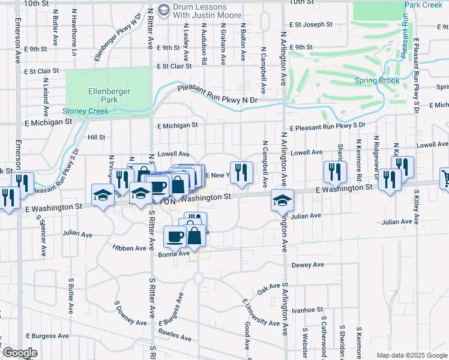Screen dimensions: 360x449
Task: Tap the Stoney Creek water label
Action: [x=86, y=111]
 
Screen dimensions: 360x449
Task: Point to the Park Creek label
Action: [x=423, y=5]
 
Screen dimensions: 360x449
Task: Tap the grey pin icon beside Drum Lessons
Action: [x=163, y=10]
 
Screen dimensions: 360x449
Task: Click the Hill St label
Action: [x=96, y=137]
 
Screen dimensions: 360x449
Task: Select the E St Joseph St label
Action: [x=310, y=25]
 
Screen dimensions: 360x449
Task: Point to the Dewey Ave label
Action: [x=307, y=265]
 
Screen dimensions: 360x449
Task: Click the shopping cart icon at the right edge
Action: [x=445, y=176]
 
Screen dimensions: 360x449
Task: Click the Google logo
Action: [x=20, y=353]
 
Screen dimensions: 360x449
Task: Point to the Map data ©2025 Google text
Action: [x=411, y=355]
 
